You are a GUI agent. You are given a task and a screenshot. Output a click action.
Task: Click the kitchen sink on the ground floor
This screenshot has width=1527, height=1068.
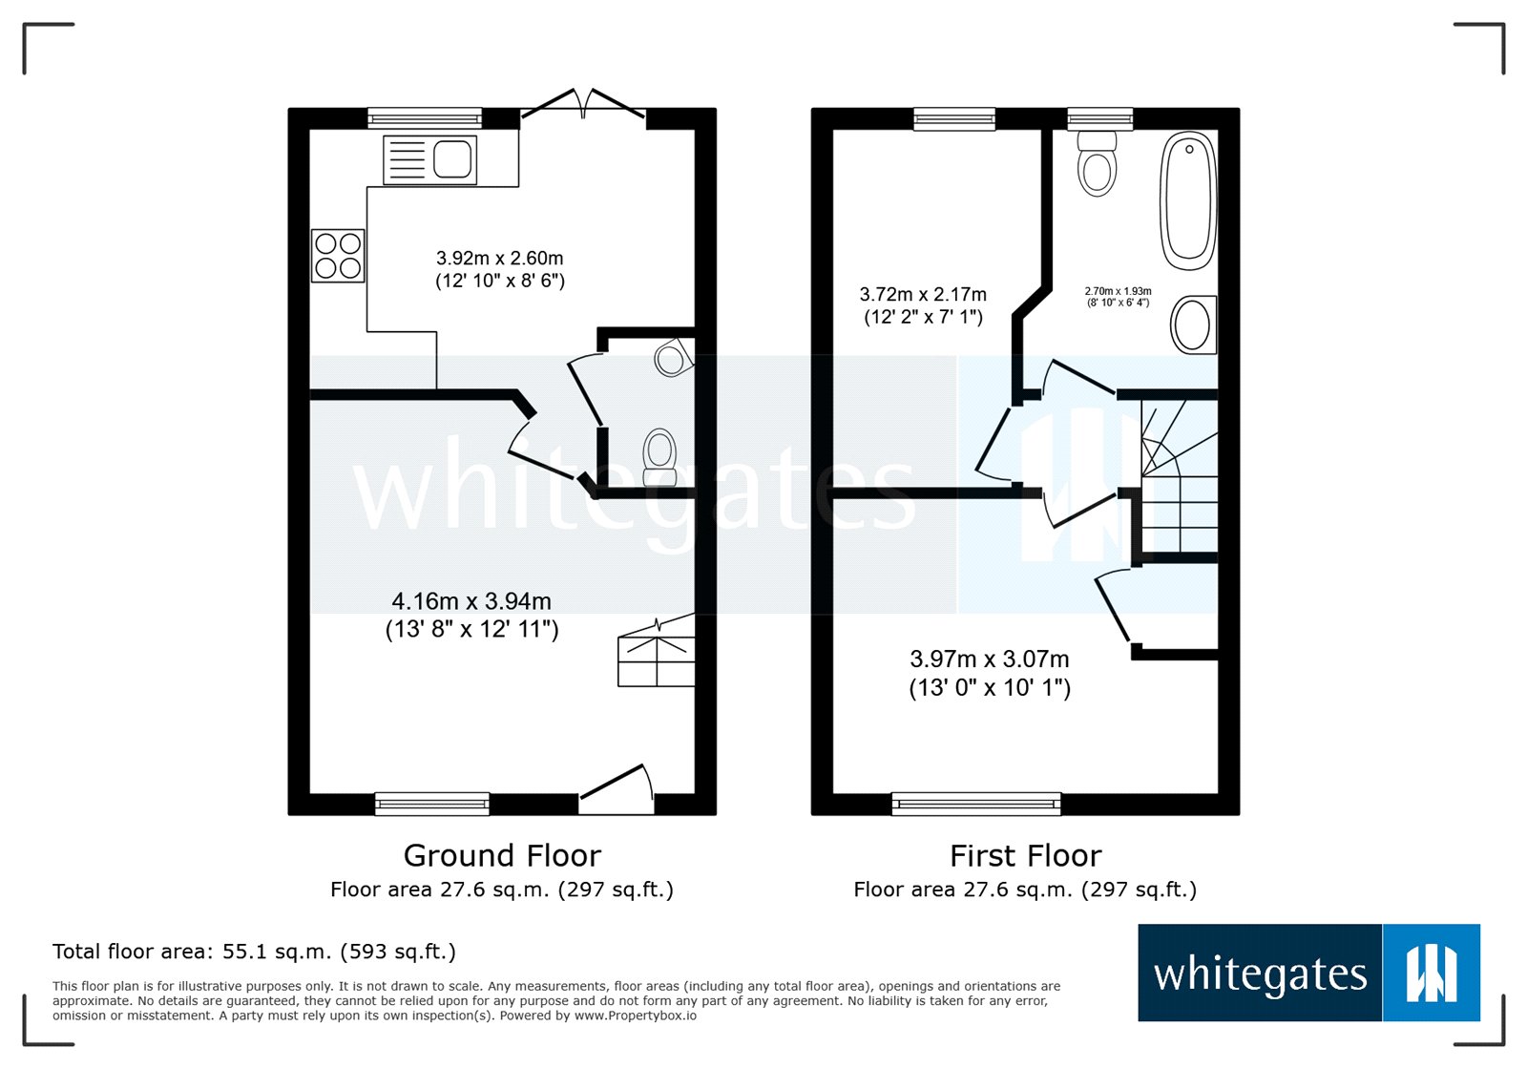[x=429, y=159]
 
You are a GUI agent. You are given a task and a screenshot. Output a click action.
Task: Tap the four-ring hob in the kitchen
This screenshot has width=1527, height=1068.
[x=338, y=256]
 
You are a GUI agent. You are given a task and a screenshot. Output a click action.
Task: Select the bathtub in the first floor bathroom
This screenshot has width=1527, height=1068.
[x=1188, y=200]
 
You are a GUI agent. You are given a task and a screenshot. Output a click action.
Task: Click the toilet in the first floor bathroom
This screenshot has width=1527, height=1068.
[x=1097, y=164]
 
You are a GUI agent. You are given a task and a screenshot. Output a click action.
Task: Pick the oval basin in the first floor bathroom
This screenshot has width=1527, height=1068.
[x=1193, y=325]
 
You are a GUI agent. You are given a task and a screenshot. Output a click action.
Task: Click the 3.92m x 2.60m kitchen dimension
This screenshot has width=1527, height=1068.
[x=500, y=269]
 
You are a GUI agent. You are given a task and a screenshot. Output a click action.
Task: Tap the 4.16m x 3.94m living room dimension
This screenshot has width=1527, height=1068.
[x=471, y=615]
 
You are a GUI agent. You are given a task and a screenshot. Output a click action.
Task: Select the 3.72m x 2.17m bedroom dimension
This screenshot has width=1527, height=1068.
[x=923, y=305]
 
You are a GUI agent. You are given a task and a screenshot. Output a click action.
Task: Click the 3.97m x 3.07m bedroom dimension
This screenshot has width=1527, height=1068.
[x=990, y=673]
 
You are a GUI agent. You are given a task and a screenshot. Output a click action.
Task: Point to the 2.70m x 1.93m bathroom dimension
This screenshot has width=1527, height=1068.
[x=1118, y=297]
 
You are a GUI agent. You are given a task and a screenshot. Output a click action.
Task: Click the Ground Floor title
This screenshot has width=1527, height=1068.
[x=502, y=855]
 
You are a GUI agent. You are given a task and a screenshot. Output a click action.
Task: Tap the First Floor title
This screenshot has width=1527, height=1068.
[x=1025, y=855]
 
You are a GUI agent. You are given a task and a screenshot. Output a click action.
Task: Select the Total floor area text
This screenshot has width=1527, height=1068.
[x=254, y=952]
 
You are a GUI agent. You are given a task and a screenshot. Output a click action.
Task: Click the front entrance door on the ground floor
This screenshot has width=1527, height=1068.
[x=617, y=790]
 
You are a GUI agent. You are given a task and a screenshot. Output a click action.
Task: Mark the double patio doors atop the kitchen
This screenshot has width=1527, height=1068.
[x=583, y=105]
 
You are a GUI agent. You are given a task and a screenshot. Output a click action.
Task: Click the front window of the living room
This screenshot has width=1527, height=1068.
[x=431, y=805]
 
